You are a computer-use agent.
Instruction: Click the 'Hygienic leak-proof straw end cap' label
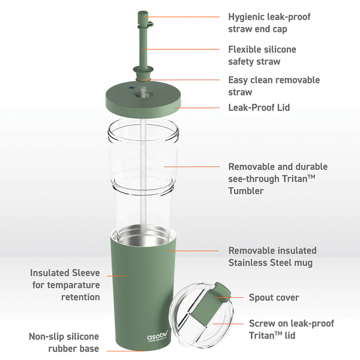tap(269, 23)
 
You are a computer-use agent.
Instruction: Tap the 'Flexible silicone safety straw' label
tap(262, 55)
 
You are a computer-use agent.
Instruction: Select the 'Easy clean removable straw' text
tap(274, 86)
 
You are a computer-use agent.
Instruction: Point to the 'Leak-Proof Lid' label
tap(259, 107)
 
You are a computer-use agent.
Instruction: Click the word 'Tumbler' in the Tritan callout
tap(246, 191)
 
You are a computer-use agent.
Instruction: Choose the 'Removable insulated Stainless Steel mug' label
tap(272, 256)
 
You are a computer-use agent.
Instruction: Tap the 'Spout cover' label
tap(274, 298)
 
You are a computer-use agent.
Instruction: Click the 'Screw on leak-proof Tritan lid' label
tap(292, 329)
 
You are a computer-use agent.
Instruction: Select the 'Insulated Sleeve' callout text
tap(65, 273)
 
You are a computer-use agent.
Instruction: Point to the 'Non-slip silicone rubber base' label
tap(64, 343)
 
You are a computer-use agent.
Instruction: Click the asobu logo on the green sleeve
tap(157, 337)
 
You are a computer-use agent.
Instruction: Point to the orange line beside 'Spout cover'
tap(229, 298)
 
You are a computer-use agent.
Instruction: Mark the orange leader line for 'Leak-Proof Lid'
tap(197, 107)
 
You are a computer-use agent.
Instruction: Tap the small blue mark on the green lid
tap(131, 88)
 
